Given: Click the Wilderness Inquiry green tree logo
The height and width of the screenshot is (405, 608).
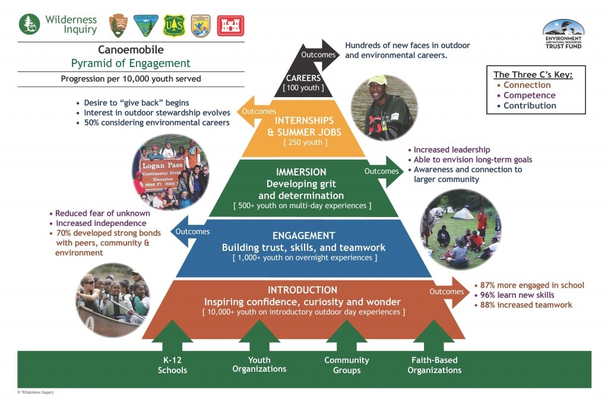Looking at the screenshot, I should click(30, 24).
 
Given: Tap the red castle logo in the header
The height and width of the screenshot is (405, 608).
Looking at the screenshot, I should click(230, 25).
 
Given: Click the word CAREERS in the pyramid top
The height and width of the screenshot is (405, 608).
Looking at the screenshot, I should click(303, 78).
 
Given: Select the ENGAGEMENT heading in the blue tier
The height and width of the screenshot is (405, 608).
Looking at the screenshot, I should click(303, 235).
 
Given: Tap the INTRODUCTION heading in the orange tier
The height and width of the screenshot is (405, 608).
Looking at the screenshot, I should click(302, 290).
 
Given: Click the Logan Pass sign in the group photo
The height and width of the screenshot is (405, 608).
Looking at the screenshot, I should click(157, 173).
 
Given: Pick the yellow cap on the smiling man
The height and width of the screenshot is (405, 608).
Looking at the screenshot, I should click(376, 81).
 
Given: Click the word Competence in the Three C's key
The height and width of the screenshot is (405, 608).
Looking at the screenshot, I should click(530, 95).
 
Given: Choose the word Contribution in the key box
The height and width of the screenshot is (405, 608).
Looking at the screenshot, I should click(530, 106).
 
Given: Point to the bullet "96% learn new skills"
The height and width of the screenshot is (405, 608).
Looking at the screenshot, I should click(517, 295).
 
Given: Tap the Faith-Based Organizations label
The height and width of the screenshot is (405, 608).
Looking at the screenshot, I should click(434, 365).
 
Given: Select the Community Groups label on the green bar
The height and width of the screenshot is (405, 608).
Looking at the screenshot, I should click(347, 365).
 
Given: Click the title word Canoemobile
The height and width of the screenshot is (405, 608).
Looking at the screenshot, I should click(131, 50).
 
